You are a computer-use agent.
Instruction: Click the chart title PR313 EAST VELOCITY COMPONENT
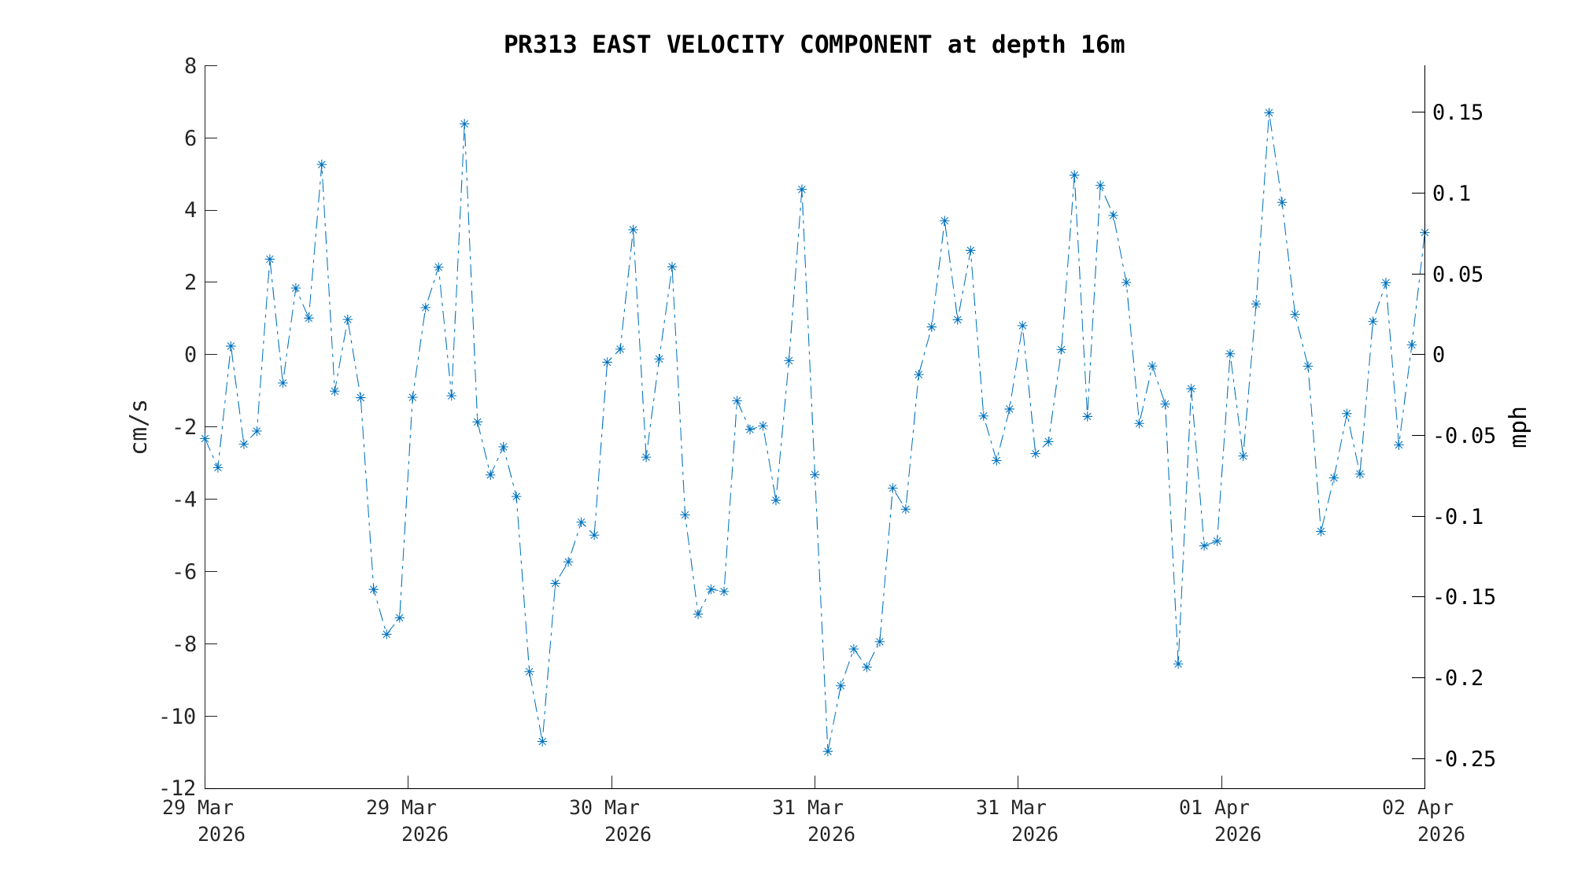(x=814, y=45)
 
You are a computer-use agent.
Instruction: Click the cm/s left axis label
(x=139, y=427)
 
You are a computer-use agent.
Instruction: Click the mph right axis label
(x=1519, y=427)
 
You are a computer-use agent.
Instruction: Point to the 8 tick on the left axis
(x=190, y=66)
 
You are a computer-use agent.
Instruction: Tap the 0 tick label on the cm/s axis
(x=190, y=355)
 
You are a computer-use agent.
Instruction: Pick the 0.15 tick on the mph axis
(x=1458, y=113)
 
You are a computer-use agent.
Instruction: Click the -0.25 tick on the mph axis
(x=1465, y=759)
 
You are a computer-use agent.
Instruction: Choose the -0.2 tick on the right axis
(x=1458, y=678)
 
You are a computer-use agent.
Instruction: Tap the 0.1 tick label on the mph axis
(x=1451, y=194)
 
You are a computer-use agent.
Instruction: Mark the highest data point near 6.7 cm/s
(x=1269, y=112)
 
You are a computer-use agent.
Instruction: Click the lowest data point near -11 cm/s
(x=828, y=751)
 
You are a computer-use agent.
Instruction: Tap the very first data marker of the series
(x=205, y=439)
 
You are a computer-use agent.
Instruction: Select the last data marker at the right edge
(x=1424, y=233)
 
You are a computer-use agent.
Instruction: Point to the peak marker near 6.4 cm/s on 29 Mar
(x=464, y=124)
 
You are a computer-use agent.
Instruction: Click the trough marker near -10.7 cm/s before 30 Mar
(x=542, y=741)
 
